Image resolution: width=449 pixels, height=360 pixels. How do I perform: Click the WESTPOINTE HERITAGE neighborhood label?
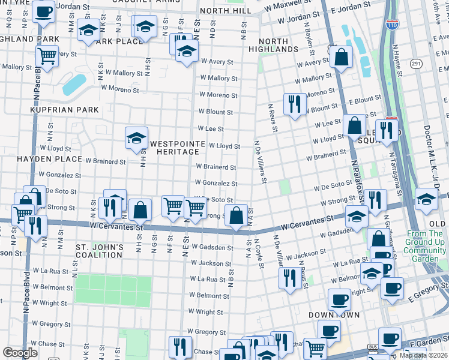[175, 148]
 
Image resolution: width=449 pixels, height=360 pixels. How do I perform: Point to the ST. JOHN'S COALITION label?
[100, 251]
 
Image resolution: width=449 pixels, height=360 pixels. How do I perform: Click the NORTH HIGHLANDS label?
[274, 44]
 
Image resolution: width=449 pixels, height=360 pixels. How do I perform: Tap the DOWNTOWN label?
[334, 314]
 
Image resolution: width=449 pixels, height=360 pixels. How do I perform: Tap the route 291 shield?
[416, 63]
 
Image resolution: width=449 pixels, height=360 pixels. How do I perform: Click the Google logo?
[20, 353]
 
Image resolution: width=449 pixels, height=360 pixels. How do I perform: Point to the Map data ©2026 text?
[423, 355]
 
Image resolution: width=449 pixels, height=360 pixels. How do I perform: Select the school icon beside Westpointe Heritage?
[136, 138]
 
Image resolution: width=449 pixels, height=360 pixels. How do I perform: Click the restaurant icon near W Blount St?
[294, 104]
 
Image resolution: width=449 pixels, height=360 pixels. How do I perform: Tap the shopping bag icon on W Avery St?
[341, 58]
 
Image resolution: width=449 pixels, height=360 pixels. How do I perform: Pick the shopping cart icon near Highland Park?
[46, 56]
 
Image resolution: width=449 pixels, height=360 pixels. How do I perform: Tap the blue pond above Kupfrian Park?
[74, 84]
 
